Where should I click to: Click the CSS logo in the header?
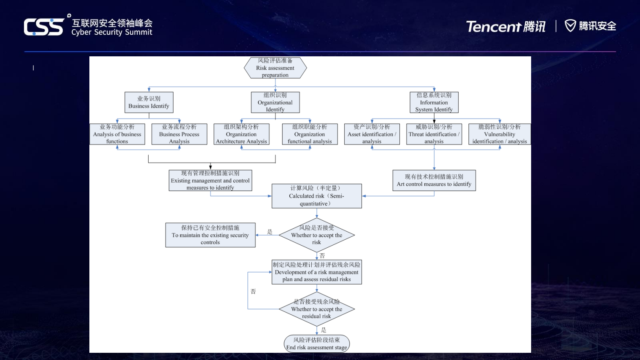(44, 27)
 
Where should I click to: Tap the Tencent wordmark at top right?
(493, 27)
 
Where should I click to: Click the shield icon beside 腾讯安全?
(570, 26)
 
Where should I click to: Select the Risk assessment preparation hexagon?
(275, 68)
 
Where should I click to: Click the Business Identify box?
(149, 102)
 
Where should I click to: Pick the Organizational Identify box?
(275, 102)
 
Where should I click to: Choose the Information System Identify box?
(434, 102)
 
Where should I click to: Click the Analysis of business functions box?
(117, 134)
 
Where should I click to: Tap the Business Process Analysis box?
(179, 134)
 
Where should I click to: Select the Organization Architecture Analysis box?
(241, 134)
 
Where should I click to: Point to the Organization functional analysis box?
(310, 134)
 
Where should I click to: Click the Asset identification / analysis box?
(372, 134)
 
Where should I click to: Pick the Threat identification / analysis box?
(434, 134)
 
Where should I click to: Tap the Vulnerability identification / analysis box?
(499, 134)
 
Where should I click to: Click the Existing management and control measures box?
(210, 180)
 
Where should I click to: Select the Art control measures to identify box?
(434, 180)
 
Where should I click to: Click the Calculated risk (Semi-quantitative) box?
(317, 196)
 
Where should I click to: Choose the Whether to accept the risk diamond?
(317, 235)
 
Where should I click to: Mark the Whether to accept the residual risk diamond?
(317, 309)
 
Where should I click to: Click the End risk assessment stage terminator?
(317, 343)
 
